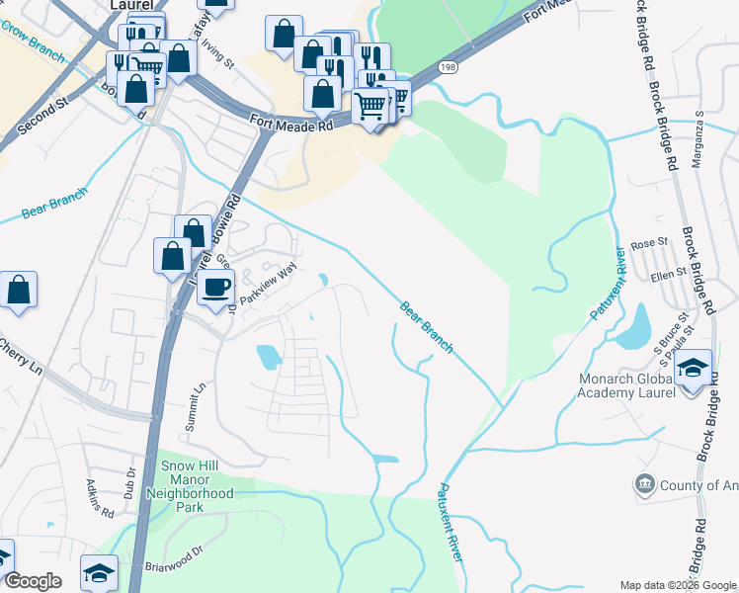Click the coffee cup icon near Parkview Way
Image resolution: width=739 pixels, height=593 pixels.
coord(215,288)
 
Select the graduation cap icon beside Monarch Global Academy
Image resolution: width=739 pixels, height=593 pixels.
coord(694,368)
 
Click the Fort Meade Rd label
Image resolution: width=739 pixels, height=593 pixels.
coord(291,124)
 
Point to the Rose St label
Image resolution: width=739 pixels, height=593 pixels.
coord(649,242)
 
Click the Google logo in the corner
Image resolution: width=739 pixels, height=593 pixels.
coord(33,581)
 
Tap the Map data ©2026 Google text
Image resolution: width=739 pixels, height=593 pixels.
coord(678,585)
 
